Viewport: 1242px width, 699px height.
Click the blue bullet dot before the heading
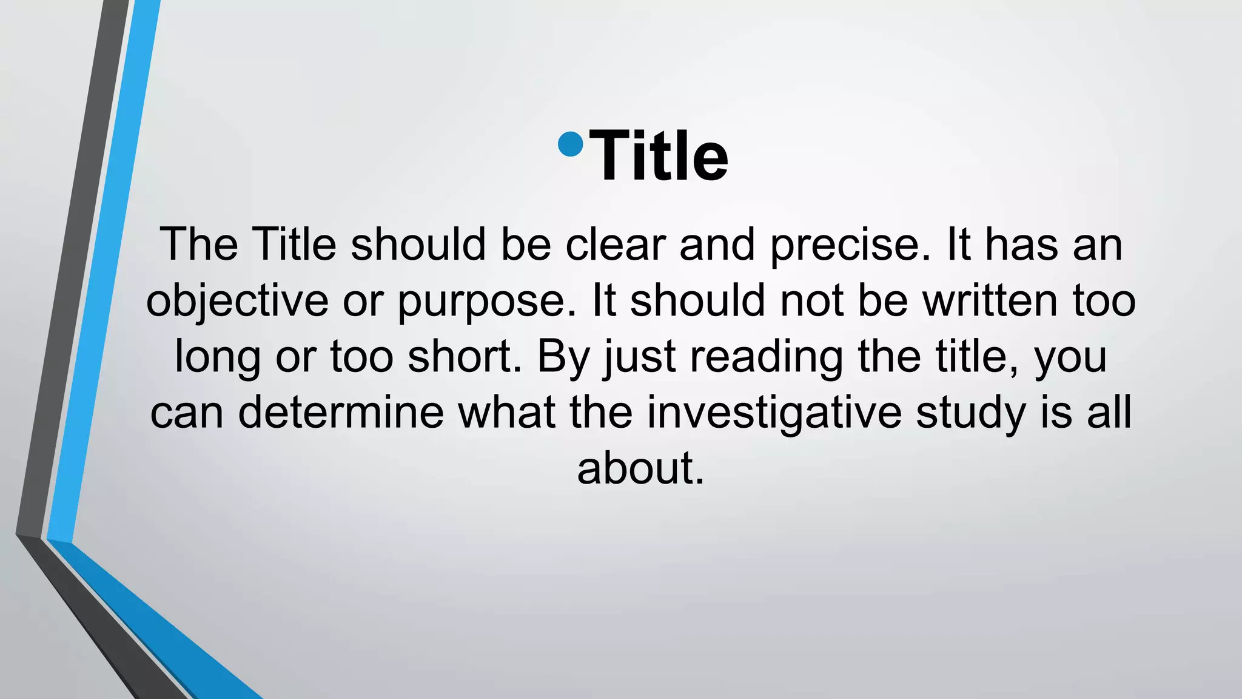[x=570, y=144]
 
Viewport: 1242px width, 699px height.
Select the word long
[x=218, y=357]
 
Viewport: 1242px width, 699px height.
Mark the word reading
[x=767, y=357]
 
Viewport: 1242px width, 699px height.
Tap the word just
[x=639, y=357]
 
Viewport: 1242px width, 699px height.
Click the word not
[x=811, y=300]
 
